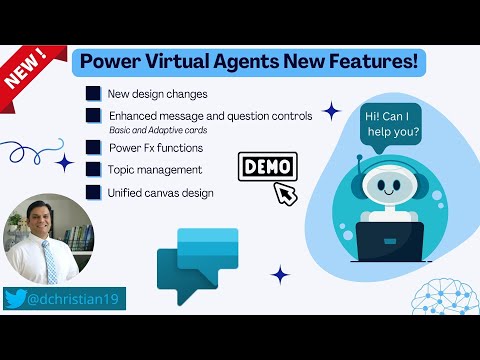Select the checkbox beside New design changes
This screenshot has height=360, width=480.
(x=93, y=95)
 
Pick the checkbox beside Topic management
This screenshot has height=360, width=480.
(x=93, y=170)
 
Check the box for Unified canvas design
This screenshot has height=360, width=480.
(x=93, y=191)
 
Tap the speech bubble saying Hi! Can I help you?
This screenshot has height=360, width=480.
(x=393, y=124)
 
